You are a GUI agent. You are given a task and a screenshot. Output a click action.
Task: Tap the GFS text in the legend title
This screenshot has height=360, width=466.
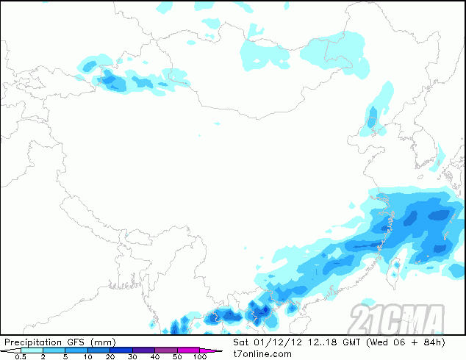pyautogui.click(x=76, y=342)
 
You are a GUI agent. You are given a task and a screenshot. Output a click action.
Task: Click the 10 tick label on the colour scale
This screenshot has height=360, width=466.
pyautogui.click(x=87, y=356)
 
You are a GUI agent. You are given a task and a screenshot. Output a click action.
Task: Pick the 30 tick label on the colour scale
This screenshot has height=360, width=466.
pyautogui.click(x=132, y=356)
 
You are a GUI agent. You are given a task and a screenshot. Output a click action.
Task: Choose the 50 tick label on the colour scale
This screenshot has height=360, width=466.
pyautogui.click(x=177, y=356)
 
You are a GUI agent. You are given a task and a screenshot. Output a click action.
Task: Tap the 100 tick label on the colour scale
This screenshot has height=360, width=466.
pyautogui.click(x=200, y=356)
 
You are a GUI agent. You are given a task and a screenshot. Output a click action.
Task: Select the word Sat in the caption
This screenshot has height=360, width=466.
pyautogui.click(x=241, y=342)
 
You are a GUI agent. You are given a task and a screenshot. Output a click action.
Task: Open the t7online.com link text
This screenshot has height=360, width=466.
pyautogui.click(x=262, y=353)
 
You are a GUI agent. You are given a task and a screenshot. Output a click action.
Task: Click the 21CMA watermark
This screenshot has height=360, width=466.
pyautogui.click(x=397, y=318)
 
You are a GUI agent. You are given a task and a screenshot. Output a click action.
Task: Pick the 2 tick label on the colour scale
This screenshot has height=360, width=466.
pyautogui.click(x=43, y=356)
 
